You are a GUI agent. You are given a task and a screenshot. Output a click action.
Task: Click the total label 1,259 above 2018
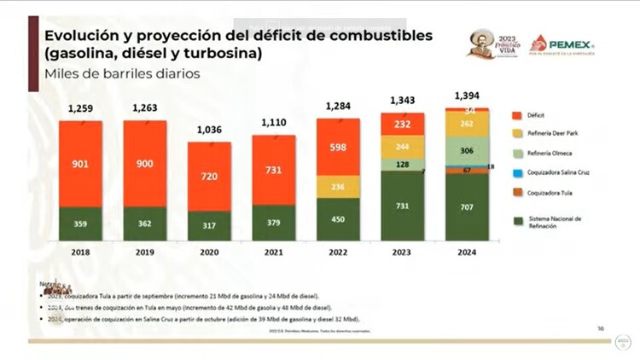click(80, 108)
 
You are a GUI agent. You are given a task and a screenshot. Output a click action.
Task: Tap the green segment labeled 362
click(145, 224)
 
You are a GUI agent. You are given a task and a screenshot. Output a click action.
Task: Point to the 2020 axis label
click(209, 253)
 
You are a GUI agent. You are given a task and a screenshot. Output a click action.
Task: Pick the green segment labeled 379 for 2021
click(274, 224)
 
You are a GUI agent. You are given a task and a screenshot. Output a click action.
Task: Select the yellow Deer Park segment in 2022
click(338, 187)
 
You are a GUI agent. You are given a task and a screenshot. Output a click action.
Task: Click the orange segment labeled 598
click(338, 146)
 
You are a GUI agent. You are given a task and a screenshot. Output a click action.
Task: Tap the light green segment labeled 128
click(403, 164)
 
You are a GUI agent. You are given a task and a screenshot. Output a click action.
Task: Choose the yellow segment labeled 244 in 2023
click(403, 147)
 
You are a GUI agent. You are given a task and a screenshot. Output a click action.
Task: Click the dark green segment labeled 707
click(468, 207)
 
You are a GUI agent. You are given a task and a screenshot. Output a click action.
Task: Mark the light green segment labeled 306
click(468, 150)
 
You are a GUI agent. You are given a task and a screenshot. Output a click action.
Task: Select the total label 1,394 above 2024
click(468, 95)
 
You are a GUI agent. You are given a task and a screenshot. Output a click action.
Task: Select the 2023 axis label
click(403, 253)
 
